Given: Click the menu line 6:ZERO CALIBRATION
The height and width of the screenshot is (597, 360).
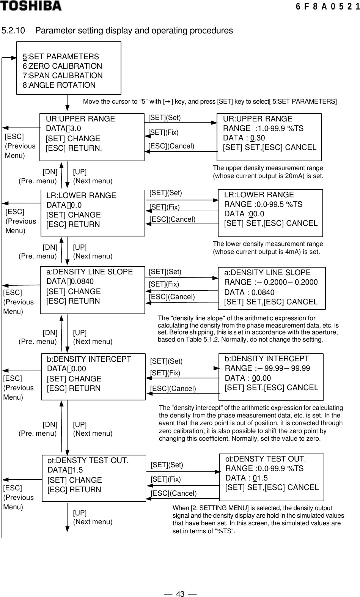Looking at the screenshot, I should [62, 66].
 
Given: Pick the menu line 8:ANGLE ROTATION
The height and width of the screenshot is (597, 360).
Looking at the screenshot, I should [59, 85].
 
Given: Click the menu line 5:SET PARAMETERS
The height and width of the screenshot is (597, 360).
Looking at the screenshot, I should [61, 57].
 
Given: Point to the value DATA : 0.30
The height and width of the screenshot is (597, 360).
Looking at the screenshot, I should [244, 138].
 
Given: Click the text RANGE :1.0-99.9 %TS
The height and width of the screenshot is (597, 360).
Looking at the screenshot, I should [263, 128].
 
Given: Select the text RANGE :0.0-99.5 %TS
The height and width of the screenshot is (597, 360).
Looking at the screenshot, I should [263, 204].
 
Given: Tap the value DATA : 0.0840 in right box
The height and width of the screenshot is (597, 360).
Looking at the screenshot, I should [249, 292].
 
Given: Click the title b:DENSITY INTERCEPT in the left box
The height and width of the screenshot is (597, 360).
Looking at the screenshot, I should [89, 359].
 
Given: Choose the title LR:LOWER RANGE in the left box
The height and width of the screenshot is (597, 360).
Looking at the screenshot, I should [81, 195].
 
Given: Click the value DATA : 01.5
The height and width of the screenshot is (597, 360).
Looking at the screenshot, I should [246, 478].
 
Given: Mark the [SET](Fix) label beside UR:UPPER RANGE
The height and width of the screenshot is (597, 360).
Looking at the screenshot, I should [163, 132].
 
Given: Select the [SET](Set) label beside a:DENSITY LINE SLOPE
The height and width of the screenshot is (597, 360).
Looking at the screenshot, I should [165, 272].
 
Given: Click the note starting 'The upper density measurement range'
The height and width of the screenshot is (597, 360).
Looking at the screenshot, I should [268, 172].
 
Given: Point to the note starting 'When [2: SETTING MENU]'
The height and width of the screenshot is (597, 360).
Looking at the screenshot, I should [258, 519].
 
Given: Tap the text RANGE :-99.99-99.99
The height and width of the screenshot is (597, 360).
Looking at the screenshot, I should [267, 368].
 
